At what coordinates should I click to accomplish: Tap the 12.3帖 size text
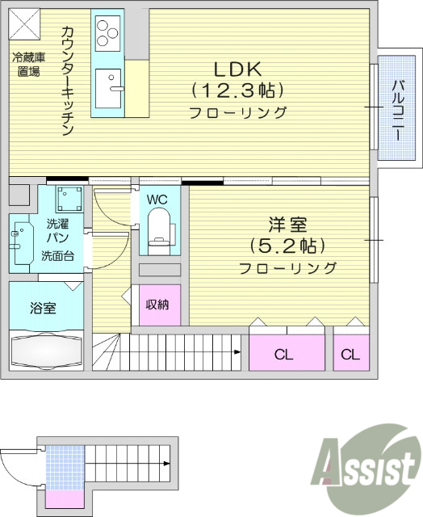click(237, 90)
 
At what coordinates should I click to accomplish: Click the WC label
click(157, 198)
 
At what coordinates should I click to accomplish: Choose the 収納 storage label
click(157, 305)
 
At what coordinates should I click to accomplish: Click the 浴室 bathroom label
click(43, 308)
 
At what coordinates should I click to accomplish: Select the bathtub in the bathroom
click(46, 352)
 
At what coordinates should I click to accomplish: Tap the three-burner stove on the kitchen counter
click(107, 33)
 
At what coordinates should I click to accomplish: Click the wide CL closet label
click(283, 355)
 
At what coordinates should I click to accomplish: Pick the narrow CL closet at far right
click(350, 355)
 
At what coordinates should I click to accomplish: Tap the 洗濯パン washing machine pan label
click(58, 232)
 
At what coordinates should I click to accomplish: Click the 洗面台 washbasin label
click(58, 257)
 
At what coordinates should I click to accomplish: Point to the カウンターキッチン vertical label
click(68, 81)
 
